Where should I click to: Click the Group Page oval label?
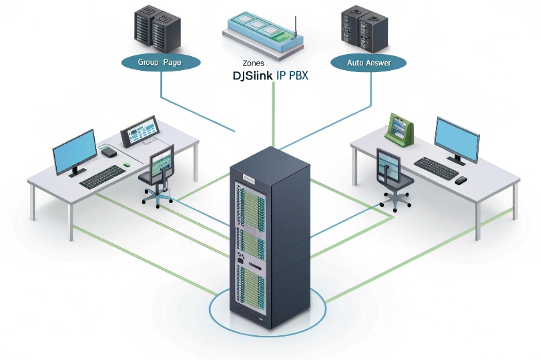point(160,62)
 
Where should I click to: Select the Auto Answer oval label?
point(368,63)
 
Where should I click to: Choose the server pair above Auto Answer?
point(364,29)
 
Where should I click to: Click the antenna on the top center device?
point(294,25)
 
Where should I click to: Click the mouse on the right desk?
point(461,180)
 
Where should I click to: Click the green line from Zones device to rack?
point(273,114)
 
